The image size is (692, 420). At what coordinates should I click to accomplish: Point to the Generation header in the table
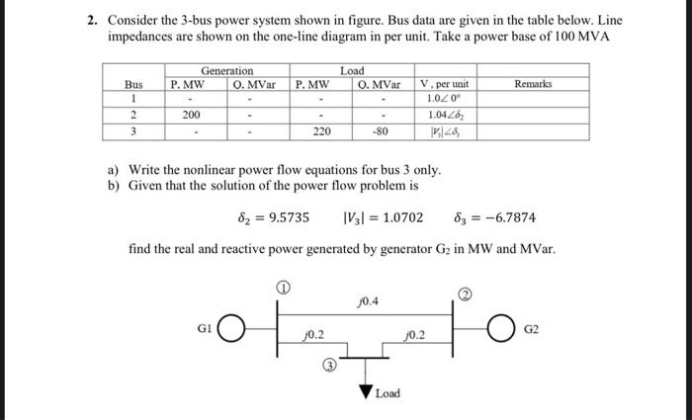(x=227, y=71)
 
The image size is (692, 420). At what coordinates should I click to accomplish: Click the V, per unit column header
(x=444, y=85)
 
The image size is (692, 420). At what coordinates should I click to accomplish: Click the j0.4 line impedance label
(x=368, y=300)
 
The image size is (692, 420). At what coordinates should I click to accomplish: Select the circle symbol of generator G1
(x=230, y=327)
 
